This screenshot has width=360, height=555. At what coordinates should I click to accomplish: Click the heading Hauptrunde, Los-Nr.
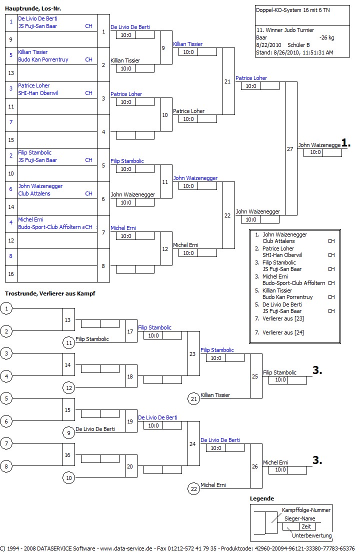[x=33, y=9]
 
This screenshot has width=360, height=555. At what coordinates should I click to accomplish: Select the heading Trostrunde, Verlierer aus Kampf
[x=50, y=293]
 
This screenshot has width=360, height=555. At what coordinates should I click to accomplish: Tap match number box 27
[x=290, y=149]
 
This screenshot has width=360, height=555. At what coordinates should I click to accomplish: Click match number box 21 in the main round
[x=227, y=81]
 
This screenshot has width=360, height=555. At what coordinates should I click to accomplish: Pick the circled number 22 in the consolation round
[x=193, y=488]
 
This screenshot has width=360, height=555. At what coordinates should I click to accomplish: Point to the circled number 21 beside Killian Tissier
[x=193, y=398]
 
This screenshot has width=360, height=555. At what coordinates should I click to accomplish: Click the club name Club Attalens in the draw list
[x=34, y=193]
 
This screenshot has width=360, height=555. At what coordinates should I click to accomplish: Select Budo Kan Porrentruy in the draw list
[x=43, y=59]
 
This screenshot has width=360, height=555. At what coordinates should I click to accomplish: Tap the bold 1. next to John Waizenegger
[x=346, y=143]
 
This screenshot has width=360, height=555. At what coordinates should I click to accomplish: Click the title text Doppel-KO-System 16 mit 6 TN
[x=289, y=10]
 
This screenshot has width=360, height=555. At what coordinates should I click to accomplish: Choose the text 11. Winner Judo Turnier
[x=283, y=30]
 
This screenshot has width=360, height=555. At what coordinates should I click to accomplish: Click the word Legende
[x=262, y=498]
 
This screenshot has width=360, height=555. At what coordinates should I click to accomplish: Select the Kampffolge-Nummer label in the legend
[x=306, y=510]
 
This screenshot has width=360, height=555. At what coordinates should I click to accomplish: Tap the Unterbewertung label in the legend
[x=311, y=535]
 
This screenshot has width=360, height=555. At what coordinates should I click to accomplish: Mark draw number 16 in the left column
[x=10, y=274]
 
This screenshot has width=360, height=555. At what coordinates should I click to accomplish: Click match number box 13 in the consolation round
[x=68, y=319]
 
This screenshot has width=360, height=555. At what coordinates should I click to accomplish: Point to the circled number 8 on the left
[x=6, y=466]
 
